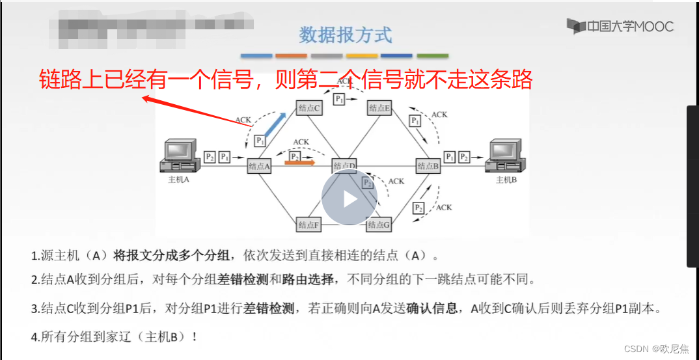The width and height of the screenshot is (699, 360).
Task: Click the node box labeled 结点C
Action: click(308, 108)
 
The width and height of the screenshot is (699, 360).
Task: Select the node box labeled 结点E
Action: click(379, 108)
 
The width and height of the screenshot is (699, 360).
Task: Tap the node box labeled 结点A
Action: click(258, 166)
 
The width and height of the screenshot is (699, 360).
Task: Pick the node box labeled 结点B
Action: click(428, 166)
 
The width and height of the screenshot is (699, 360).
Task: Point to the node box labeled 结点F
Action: click(308, 225)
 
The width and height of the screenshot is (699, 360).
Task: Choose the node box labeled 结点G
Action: click(379, 225)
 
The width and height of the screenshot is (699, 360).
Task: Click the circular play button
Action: click(349, 199)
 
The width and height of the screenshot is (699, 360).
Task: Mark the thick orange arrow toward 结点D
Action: click(300, 163)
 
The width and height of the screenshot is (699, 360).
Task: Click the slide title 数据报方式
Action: click(346, 35)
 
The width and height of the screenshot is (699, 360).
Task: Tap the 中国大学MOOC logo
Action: click(620, 26)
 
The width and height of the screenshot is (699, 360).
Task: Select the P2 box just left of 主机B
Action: click(464, 157)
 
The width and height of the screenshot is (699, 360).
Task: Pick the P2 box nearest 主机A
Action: click(210, 157)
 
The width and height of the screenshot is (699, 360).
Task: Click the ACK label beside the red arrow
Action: click(243, 120)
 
